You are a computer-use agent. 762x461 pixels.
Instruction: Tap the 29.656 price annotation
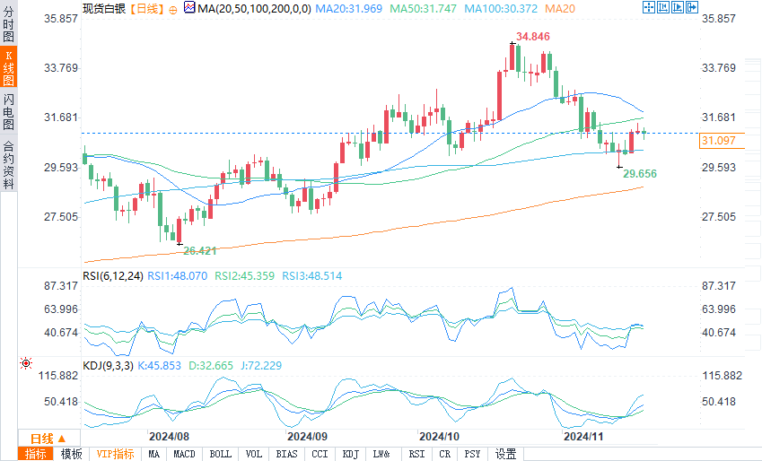coord(640,172)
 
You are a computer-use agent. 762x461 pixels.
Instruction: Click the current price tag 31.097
coord(718,141)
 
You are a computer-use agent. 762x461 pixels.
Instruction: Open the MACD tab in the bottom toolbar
coord(185,454)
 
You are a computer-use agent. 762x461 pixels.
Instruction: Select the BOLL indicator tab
coord(220,454)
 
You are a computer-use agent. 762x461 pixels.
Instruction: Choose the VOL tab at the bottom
coord(254,454)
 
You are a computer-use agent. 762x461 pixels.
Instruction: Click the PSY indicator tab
coord(472,454)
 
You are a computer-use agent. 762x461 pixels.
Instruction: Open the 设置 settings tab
coord(506,454)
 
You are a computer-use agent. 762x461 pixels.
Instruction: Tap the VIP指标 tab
coord(115,454)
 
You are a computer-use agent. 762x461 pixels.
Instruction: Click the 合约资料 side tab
coord(8,165)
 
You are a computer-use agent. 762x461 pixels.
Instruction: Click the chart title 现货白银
coord(103,7)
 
